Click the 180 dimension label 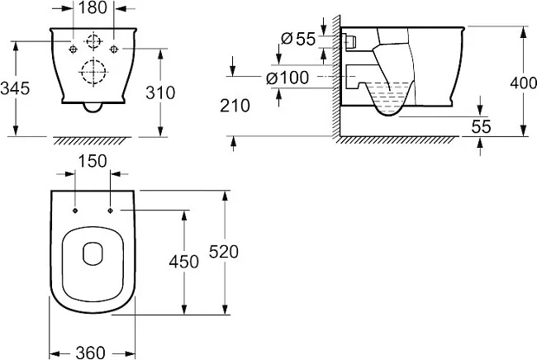[x=93, y=7]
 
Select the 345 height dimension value [x=15, y=88]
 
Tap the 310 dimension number [x=160, y=92]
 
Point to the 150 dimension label [x=93, y=161]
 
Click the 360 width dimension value [x=90, y=353]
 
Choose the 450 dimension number [x=184, y=262]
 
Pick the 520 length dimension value [x=224, y=252]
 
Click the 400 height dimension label [x=523, y=83]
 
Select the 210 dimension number [x=235, y=106]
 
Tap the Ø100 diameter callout [x=288, y=78]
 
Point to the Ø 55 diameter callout [x=298, y=39]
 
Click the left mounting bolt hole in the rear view [x=73, y=50]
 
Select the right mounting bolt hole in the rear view [x=114, y=50]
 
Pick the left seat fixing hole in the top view [x=75, y=211]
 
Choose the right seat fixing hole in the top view [x=110, y=211]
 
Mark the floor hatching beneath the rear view [x=93, y=140]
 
